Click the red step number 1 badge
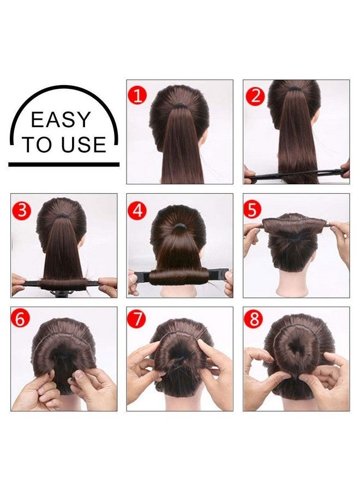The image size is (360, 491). pos(137,97)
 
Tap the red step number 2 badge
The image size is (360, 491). pos(255,97)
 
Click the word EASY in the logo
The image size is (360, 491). pos(61,120)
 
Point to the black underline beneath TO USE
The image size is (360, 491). pos(64,164)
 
